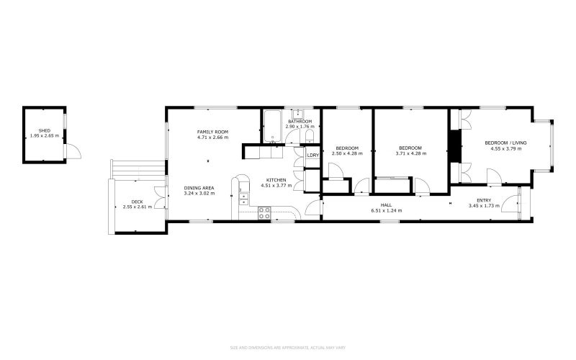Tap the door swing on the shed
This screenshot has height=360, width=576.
pyautogui.click(x=73, y=151)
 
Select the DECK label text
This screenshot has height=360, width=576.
pyautogui.click(x=136, y=202)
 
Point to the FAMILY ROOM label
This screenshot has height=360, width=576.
pyautogui.click(x=212, y=132)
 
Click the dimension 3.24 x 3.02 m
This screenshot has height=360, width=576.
pyautogui.click(x=199, y=193)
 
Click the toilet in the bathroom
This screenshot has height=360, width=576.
pyautogui.click(x=309, y=138)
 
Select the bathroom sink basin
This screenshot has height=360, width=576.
pyautogui.click(x=298, y=113)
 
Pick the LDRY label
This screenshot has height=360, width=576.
pyautogui.click(x=313, y=155)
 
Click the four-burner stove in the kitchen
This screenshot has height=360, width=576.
pyautogui.click(x=264, y=212)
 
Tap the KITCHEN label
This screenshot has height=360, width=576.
pyautogui.click(x=276, y=179)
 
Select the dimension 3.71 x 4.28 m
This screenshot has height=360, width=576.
pyautogui.click(x=413, y=153)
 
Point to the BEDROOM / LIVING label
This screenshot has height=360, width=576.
pyautogui.click(x=505, y=143)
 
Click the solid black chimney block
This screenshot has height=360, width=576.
pyautogui.click(x=454, y=147)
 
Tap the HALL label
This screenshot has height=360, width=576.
pyautogui.click(x=386, y=204)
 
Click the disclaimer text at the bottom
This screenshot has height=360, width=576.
pyautogui.click(x=287, y=348)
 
